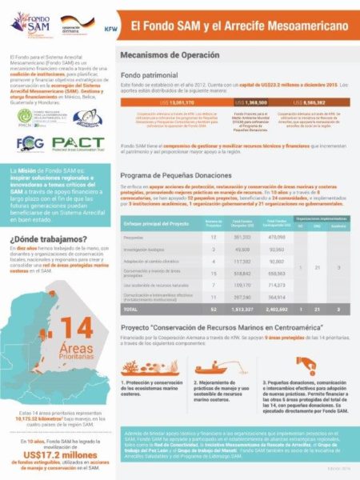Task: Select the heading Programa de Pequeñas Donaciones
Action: point(186,174)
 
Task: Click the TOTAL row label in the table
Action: point(132,308)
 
